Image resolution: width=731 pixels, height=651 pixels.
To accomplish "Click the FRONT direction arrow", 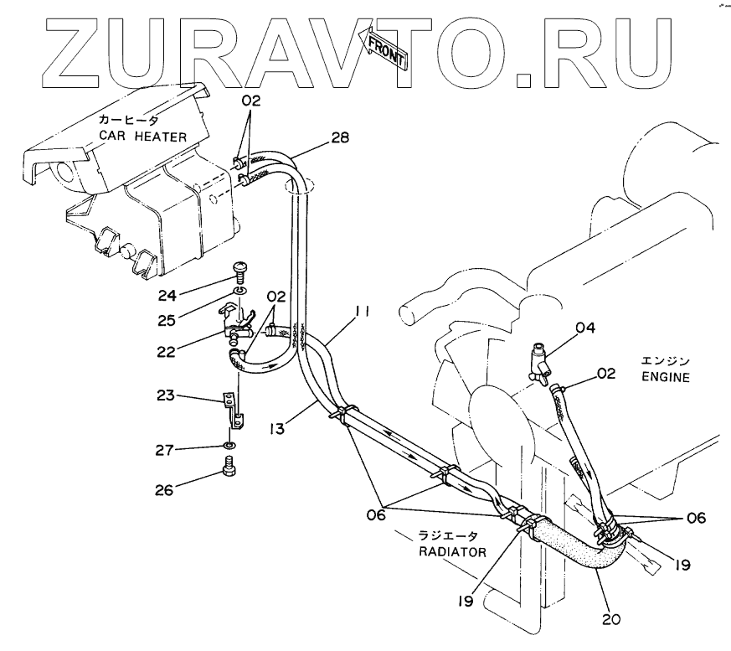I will pyautogui.click(x=382, y=48).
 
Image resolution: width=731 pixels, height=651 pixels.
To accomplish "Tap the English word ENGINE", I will pyautogui.click(x=666, y=377).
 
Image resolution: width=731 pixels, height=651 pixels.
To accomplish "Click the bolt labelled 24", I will pyautogui.click(x=238, y=270).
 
